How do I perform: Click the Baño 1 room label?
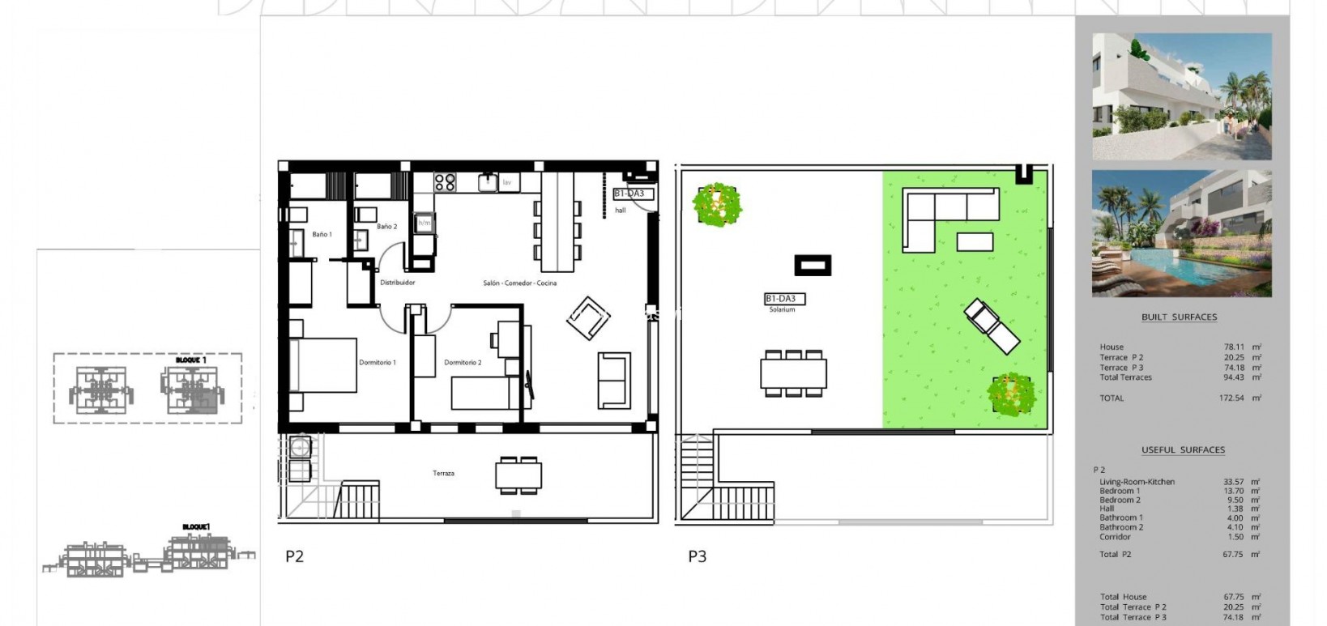tap(322, 235)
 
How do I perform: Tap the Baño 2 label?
tap(386, 227)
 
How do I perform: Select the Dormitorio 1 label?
tap(378, 363)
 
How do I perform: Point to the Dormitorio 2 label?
tap(463, 363)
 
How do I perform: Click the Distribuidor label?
tap(398, 283)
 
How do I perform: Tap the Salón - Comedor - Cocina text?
tap(519, 283)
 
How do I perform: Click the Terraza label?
tap(443, 473)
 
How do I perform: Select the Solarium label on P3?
tap(783, 309)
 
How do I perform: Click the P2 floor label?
tap(294, 556)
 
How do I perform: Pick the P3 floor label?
tap(697, 556)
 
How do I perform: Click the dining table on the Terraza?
tap(518, 475)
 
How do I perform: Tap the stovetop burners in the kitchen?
tap(445, 182)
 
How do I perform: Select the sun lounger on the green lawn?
tap(992, 326)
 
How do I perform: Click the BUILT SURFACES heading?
tap(1179, 317)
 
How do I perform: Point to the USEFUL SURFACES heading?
tap(1183, 450)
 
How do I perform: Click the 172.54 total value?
tap(1233, 398)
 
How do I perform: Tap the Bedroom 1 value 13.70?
tap(1233, 491)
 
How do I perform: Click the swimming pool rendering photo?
tap(1181, 233)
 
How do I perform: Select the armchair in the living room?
tap(588, 318)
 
